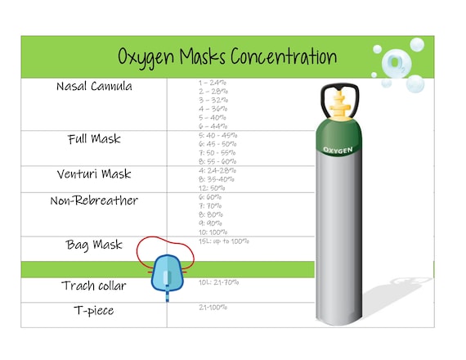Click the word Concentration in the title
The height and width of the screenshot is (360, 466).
(283, 56)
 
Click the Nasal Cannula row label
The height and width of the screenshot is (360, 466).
(94, 87)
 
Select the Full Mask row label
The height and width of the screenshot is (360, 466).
(94, 139)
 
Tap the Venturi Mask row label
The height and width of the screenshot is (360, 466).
(94, 174)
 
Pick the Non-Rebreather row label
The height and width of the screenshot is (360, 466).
(94, 201)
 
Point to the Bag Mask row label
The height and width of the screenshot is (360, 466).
(94, 245)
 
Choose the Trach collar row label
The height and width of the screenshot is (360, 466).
(94, 286)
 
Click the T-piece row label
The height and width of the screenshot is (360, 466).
(94, 311)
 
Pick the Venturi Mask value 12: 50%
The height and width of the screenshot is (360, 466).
(212, 188)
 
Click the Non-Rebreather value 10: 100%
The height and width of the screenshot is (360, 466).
(213, 232)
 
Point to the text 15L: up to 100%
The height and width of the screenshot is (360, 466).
(223, 241)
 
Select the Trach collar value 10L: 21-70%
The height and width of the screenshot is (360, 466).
(218, 282)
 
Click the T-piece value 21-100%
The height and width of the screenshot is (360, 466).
(213, 308)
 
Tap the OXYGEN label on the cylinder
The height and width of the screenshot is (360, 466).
(338, 150)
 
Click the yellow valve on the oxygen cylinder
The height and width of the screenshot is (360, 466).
(338, 106)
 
